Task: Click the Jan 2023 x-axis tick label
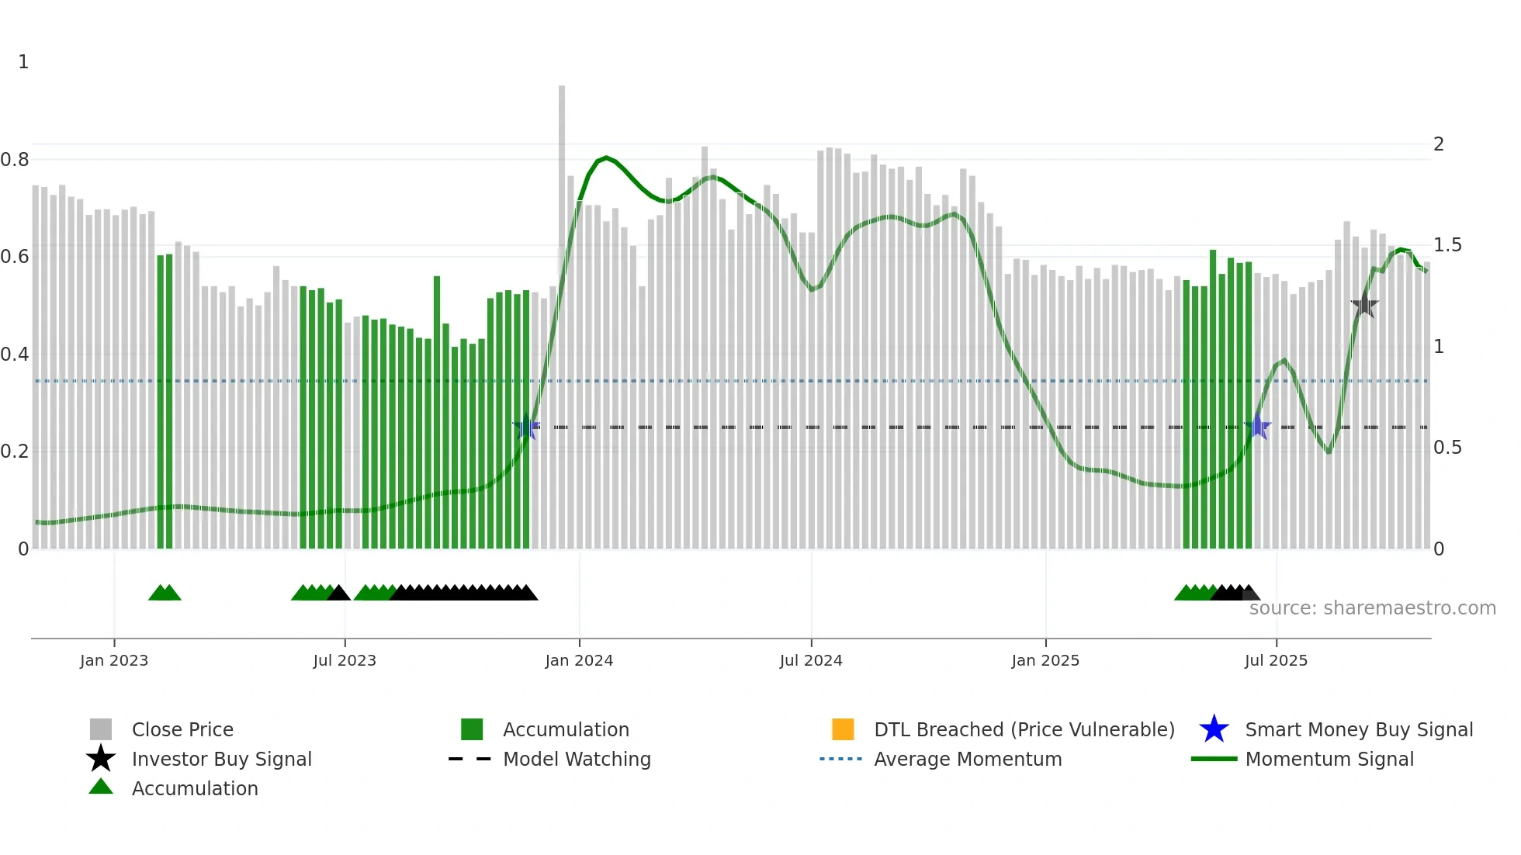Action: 114,660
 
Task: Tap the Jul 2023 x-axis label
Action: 345,660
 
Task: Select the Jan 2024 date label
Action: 579,660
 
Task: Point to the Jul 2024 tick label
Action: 811,660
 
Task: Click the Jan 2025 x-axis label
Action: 1045,660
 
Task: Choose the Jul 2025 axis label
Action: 1276,660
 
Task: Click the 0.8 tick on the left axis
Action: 15,160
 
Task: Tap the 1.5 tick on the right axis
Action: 1447,245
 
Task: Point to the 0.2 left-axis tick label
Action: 15,452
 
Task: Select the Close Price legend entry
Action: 182,729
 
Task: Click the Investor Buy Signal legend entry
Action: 221,759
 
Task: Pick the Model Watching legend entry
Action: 577,759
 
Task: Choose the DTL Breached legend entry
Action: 1024,729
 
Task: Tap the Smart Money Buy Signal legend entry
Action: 1359,729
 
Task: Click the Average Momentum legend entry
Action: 968,759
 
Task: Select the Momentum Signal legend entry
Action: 1329,759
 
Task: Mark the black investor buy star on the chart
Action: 1364,305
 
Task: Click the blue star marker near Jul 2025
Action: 1258,426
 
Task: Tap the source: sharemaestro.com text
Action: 1372,607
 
